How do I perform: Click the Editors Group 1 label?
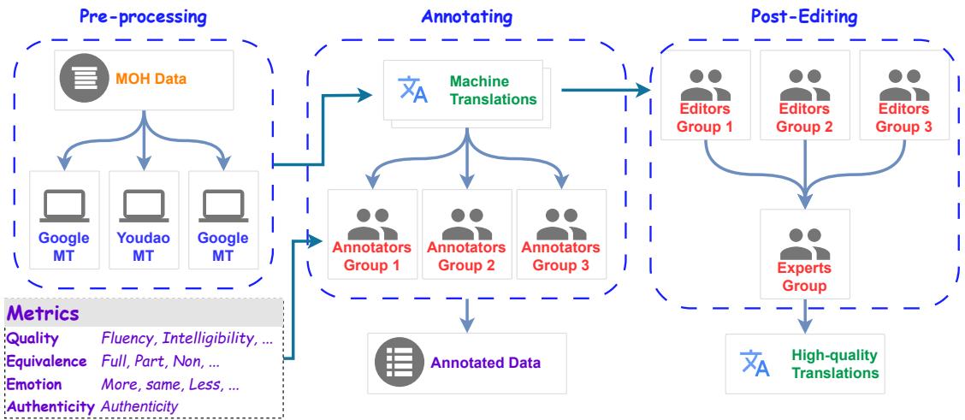pyautogui.click(x=706, y=118)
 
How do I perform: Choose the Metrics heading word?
pyautogui.click(x=44, y=313)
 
